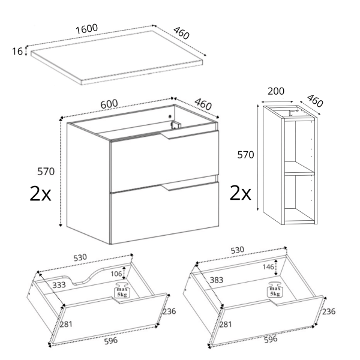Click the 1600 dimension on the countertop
coord(87,29)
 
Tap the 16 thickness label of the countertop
coord(17,51)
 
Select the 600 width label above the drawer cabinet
coord(109,104)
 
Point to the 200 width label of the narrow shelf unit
coord(276,91)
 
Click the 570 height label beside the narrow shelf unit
coord(245,155)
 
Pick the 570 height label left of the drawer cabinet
coord(46,172)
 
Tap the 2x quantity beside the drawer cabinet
coord(40,194)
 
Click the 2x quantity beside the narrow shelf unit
coord(241,193)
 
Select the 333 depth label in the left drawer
coord(59,285)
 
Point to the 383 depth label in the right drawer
coord(217,280)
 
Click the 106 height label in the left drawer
coord(116,274)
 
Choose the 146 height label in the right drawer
coord(268,267)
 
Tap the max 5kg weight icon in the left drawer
coord(122,290)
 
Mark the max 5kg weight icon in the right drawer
coord(275,289)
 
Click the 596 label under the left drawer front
coord(111,341)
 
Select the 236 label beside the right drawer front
coord(329,311)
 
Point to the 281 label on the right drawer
coord(225,325)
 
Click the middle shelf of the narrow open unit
coord(299,168)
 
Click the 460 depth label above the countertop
coord(181,33)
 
